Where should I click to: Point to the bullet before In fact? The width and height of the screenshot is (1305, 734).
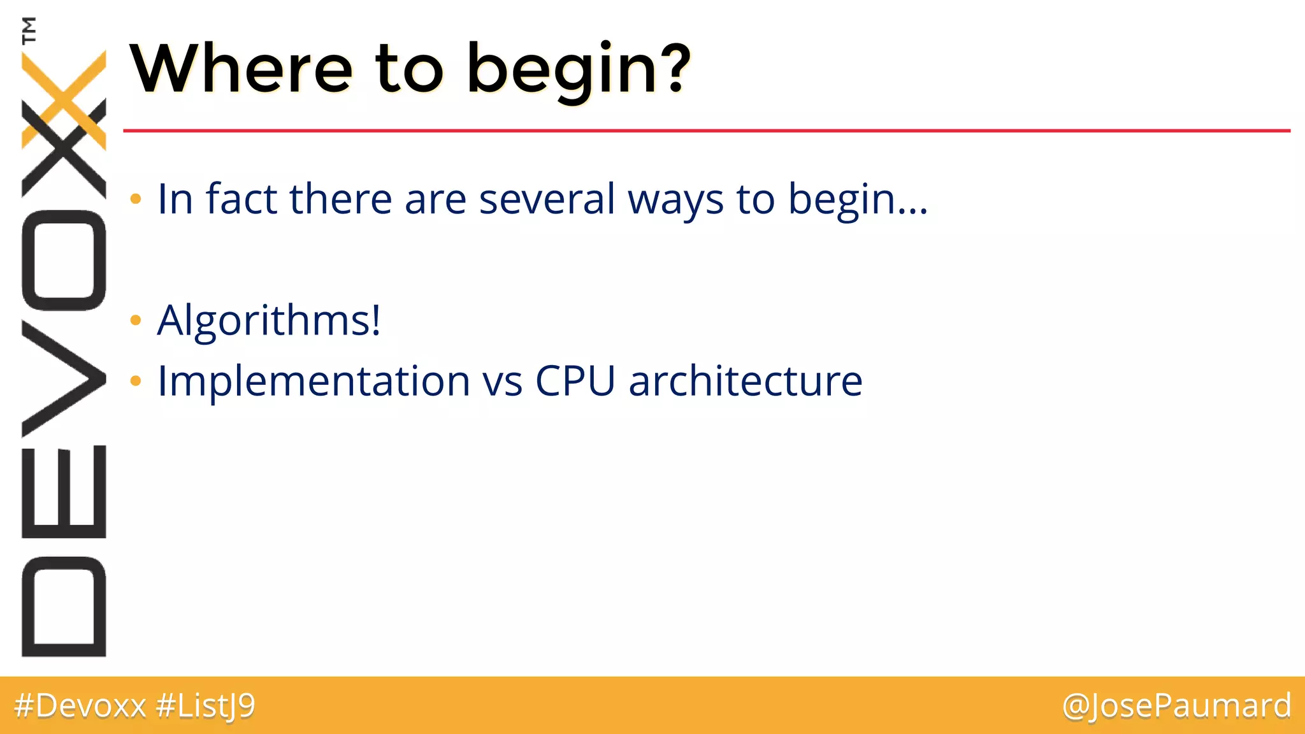click(135, 199)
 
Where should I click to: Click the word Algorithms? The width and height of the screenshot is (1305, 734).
click(269, 320)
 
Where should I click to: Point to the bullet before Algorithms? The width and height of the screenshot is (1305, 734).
click(135, 320)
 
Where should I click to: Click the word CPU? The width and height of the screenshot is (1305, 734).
click(575, 381)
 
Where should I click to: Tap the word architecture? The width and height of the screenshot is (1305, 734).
click(745, 381)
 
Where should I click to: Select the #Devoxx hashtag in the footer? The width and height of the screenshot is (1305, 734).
click(80, 706)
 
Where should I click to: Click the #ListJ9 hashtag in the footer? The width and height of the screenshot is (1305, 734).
click(205, 706)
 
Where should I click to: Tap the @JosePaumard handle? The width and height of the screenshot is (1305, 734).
click(1176, 706)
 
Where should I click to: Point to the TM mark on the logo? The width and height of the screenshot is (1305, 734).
click(29, 30)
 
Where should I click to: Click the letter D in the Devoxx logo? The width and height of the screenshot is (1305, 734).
click(64, 606)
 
